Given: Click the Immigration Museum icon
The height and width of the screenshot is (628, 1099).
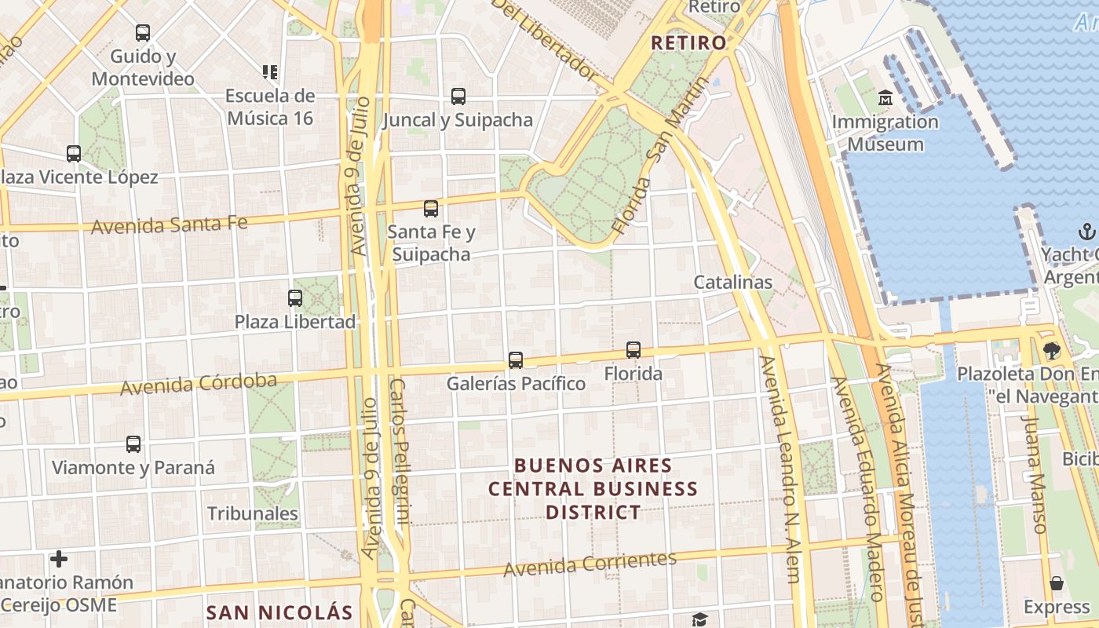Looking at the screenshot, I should coord(885,98).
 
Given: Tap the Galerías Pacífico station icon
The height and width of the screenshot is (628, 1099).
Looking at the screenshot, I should coord(516,360).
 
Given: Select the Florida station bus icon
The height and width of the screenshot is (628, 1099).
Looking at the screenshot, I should coord(633,350).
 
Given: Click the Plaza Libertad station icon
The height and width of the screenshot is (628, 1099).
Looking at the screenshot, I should coord(295,298).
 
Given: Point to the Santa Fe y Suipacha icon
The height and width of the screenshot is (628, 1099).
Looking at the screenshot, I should coord(431,209).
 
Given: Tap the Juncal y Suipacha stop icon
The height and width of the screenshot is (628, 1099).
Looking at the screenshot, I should coord(458,97).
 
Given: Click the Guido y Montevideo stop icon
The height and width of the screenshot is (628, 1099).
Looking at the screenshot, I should coord(143,33).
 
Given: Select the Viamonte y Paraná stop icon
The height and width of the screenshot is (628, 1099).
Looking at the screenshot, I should coord(133,444).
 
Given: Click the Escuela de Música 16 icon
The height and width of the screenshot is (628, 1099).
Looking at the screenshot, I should coord(270,72).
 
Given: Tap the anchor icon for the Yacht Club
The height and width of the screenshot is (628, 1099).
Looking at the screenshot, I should coord(1087,231).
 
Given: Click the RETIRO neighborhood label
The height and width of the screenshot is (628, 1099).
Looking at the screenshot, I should coord(689,43).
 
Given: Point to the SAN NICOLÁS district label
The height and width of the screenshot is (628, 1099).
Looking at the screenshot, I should coord(279,612).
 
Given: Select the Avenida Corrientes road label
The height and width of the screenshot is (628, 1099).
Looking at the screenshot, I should coord(590,563).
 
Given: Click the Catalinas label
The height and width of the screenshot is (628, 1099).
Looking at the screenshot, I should coord(732,282).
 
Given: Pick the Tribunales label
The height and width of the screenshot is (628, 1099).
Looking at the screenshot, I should coord(253,513).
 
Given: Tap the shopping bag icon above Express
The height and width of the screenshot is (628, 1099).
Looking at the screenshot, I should coord(1057,583).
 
